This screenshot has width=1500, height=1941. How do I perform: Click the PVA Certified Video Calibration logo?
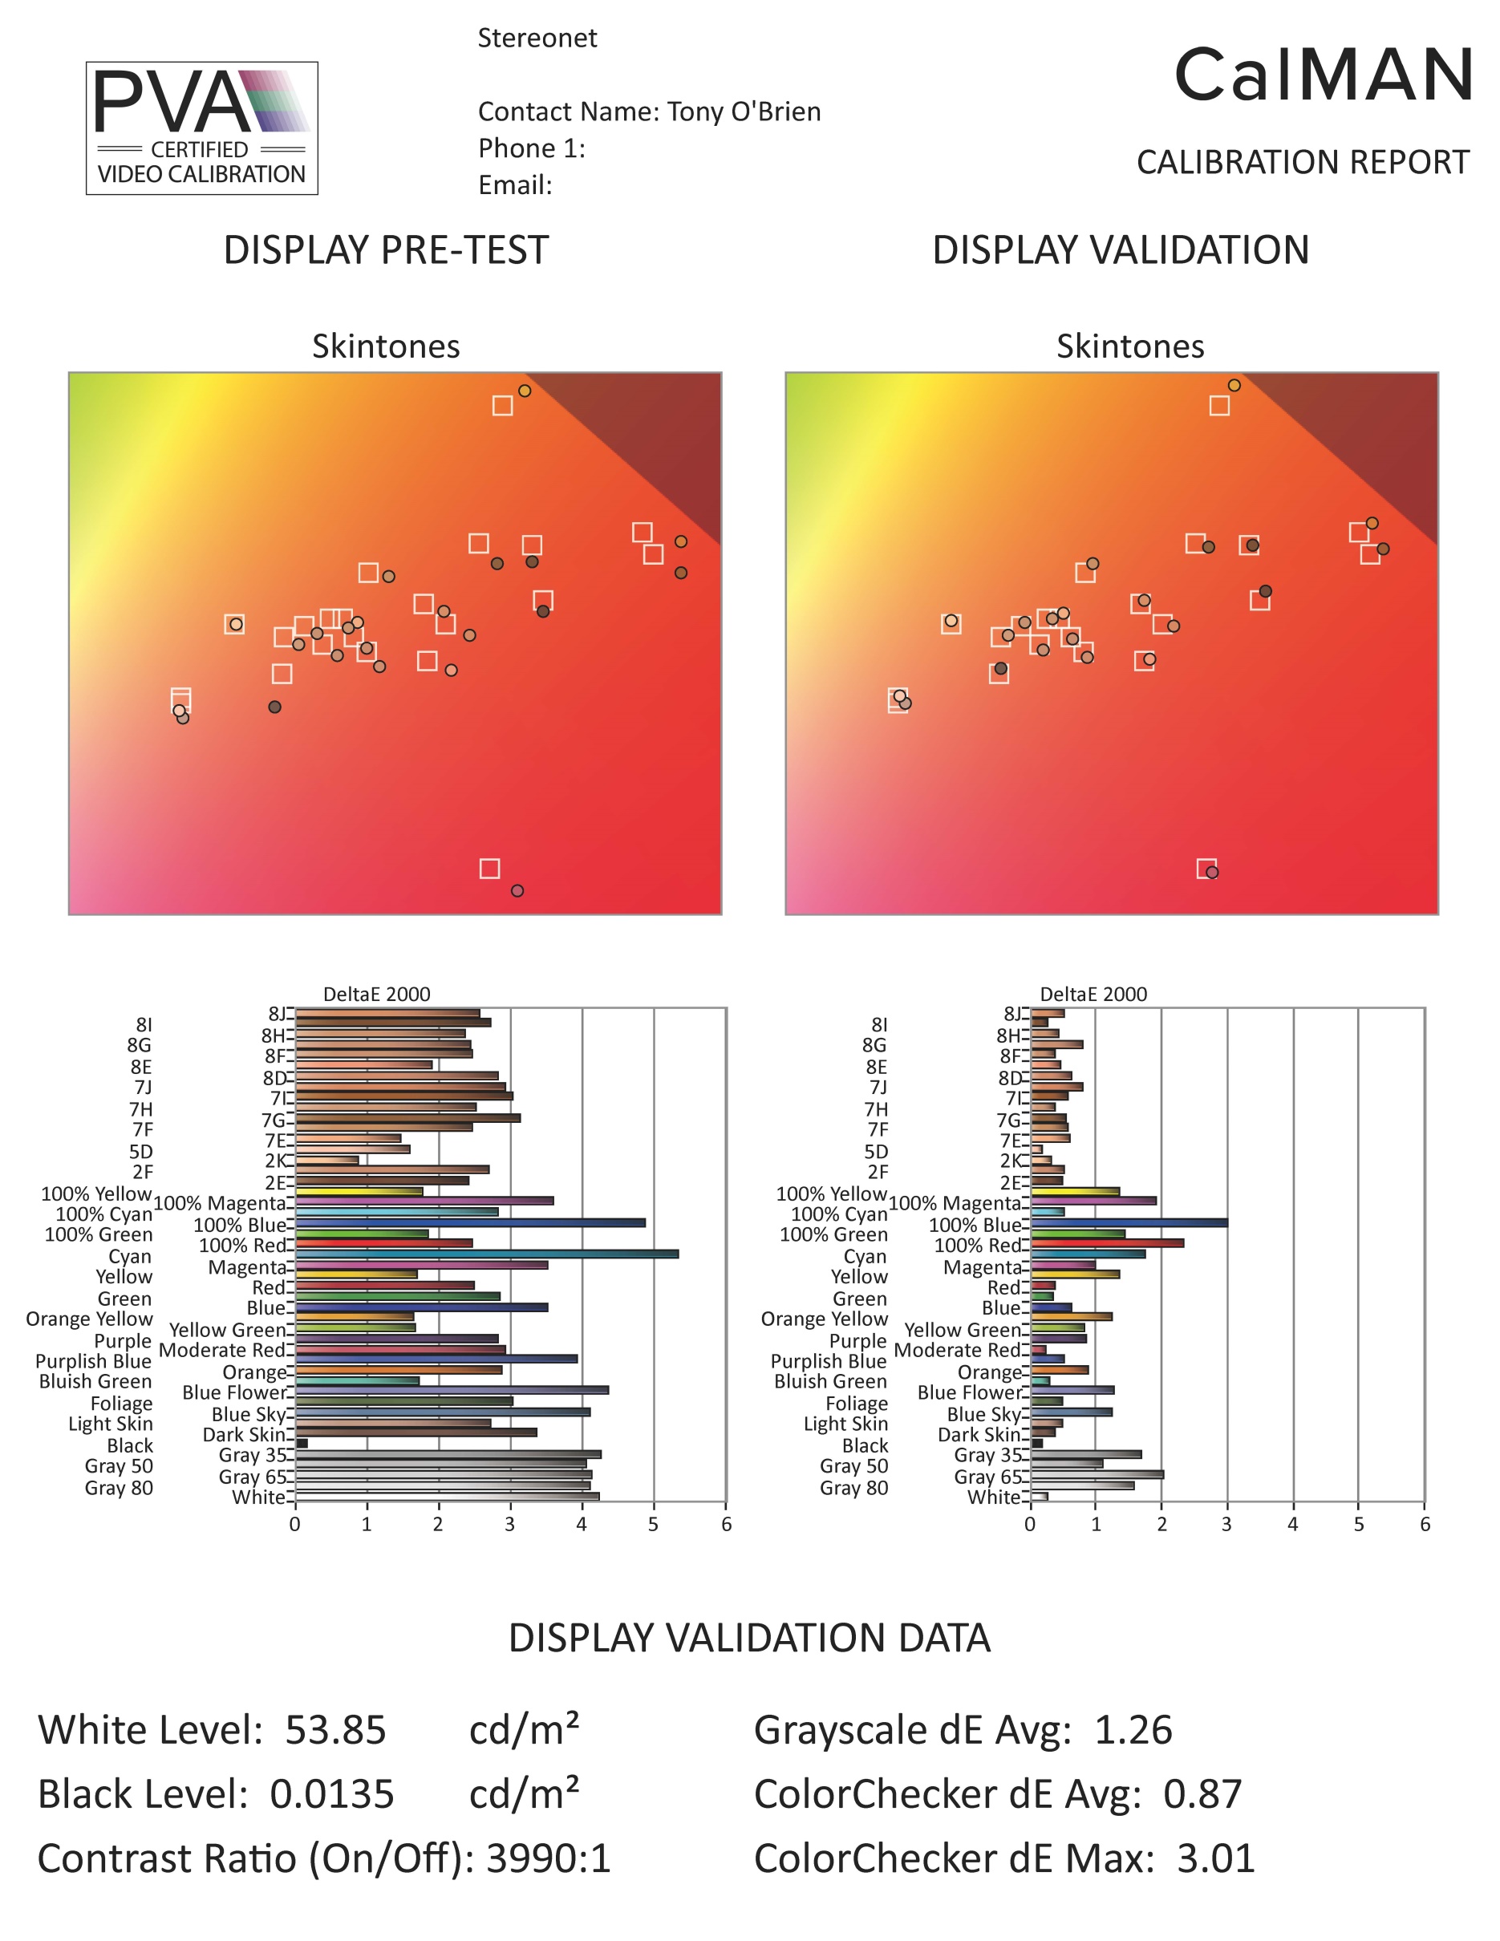201,128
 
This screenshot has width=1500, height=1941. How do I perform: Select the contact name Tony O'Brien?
743,112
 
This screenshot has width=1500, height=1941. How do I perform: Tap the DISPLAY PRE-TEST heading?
386,250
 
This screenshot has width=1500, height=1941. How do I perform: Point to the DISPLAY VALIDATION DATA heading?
749,1638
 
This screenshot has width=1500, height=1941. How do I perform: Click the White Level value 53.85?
335,1730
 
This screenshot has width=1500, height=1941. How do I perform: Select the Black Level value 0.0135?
331,1794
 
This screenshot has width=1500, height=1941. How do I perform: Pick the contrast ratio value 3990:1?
549,1858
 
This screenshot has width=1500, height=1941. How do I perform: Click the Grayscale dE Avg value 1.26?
1133,1730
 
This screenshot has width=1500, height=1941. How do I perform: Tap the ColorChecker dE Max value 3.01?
1215,1858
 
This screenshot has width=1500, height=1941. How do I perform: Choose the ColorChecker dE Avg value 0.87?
1202,1794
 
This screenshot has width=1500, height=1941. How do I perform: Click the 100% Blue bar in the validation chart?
1129,1223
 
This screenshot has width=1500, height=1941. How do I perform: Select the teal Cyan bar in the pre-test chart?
486,1254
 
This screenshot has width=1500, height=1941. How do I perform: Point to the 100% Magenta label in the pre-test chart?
220,1203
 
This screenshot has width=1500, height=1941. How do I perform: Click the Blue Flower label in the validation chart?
970,1392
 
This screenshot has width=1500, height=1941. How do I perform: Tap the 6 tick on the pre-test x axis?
726,1525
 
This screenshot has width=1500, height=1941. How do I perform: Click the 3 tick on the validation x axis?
1226,1525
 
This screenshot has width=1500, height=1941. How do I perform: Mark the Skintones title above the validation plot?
1129,346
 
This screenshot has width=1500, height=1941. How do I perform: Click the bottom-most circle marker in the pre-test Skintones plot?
517,890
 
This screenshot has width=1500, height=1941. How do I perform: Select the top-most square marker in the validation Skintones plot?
1219,405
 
